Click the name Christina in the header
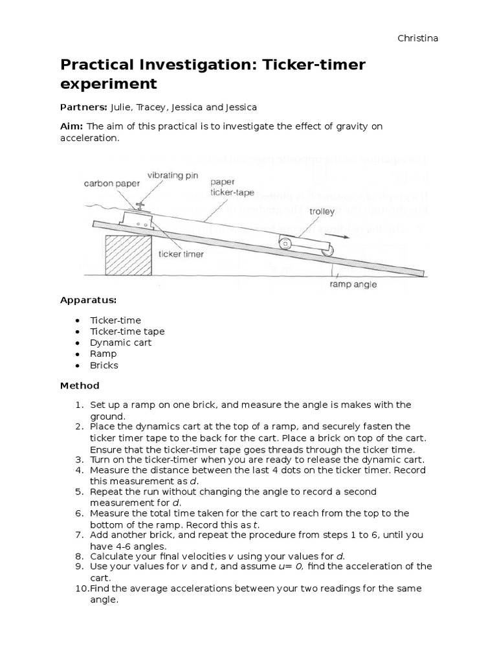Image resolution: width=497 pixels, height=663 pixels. point(417,38)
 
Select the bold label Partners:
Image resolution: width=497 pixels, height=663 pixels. point(83,107)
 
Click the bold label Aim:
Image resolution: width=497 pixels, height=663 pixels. point(72,127)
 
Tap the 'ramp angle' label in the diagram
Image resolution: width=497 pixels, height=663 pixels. point(352,284)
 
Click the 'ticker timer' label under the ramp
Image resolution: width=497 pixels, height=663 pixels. point(182,254)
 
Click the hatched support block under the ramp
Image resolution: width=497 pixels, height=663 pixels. point(127,255)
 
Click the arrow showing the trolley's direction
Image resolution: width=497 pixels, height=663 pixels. point(342,237)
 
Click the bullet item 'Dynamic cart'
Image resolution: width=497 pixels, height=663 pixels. point(120,343)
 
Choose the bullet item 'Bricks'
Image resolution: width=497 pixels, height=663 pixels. point(104,365)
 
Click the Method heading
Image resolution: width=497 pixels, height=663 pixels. point(80,386)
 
